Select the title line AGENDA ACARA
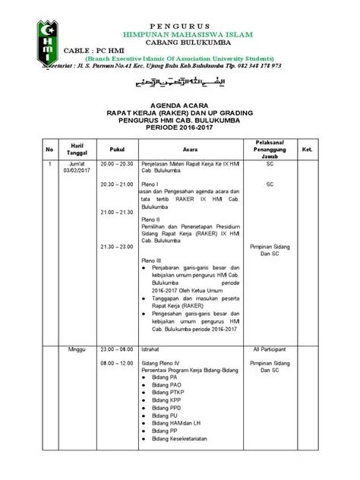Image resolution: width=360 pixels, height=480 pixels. click(179, 106)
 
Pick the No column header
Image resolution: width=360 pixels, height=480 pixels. click(49, 150)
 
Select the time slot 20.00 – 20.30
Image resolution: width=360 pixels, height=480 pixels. click(116, 163)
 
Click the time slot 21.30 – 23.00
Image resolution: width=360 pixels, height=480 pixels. click(116, 248)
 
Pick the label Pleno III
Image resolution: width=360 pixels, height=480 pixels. click(153, 260)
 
